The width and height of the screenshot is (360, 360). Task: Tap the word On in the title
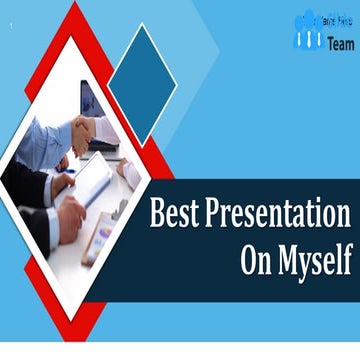(259, 257)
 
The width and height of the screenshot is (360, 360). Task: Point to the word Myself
(316, 259)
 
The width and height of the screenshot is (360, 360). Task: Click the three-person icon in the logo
(309, 31)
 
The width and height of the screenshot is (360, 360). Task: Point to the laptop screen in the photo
(90, 100)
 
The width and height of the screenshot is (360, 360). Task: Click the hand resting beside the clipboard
(69, 219)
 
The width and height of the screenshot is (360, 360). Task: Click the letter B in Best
(157, 215)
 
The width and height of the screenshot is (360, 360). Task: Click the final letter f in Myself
(347, 257)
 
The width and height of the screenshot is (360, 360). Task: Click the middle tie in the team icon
(309, 38)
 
